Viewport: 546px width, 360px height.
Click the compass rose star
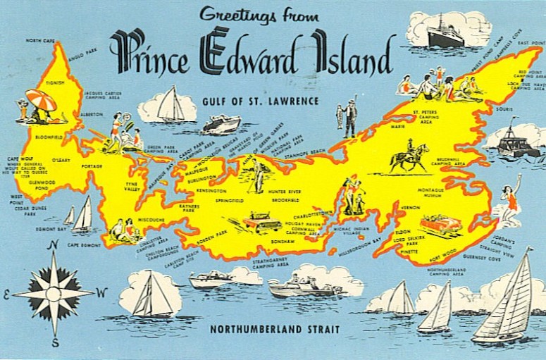[x=54, y=292]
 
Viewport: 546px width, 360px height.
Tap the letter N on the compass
[x=53, y=245]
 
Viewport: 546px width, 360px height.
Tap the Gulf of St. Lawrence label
[x=259, y=101]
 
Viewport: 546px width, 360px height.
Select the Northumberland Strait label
[x=274, y=329]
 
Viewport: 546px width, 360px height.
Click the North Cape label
[x=40, y=41]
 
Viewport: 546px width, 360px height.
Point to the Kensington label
[x=211, y=191]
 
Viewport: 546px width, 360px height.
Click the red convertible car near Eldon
[x=440, y=225]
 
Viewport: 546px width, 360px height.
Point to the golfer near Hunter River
[x=257, y=173]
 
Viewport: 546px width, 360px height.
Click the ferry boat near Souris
[x=519, y=140]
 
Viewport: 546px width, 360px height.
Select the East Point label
[x=531, y=43]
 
